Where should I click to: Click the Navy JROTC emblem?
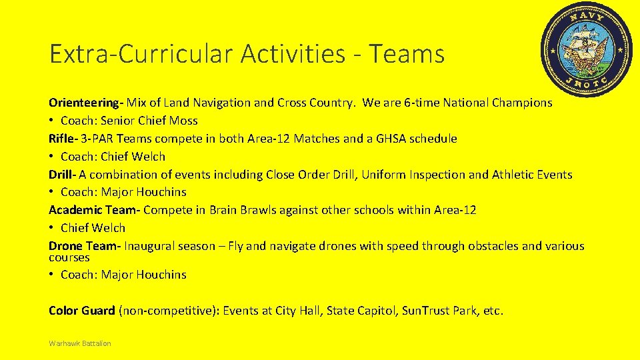tap(586, 49)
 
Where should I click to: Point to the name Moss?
tap(184, 121)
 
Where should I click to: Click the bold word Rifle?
tap(62, 139)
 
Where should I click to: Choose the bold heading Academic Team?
tap(93, 210)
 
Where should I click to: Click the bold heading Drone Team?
tap(84, 246)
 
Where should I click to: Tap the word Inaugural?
tap(151, 246)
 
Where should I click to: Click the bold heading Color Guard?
tap(81, 311)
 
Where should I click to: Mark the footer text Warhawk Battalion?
tap(80, 343)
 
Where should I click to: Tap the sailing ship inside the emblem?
tap(587, 47)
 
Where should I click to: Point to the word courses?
tap(69, 257)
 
